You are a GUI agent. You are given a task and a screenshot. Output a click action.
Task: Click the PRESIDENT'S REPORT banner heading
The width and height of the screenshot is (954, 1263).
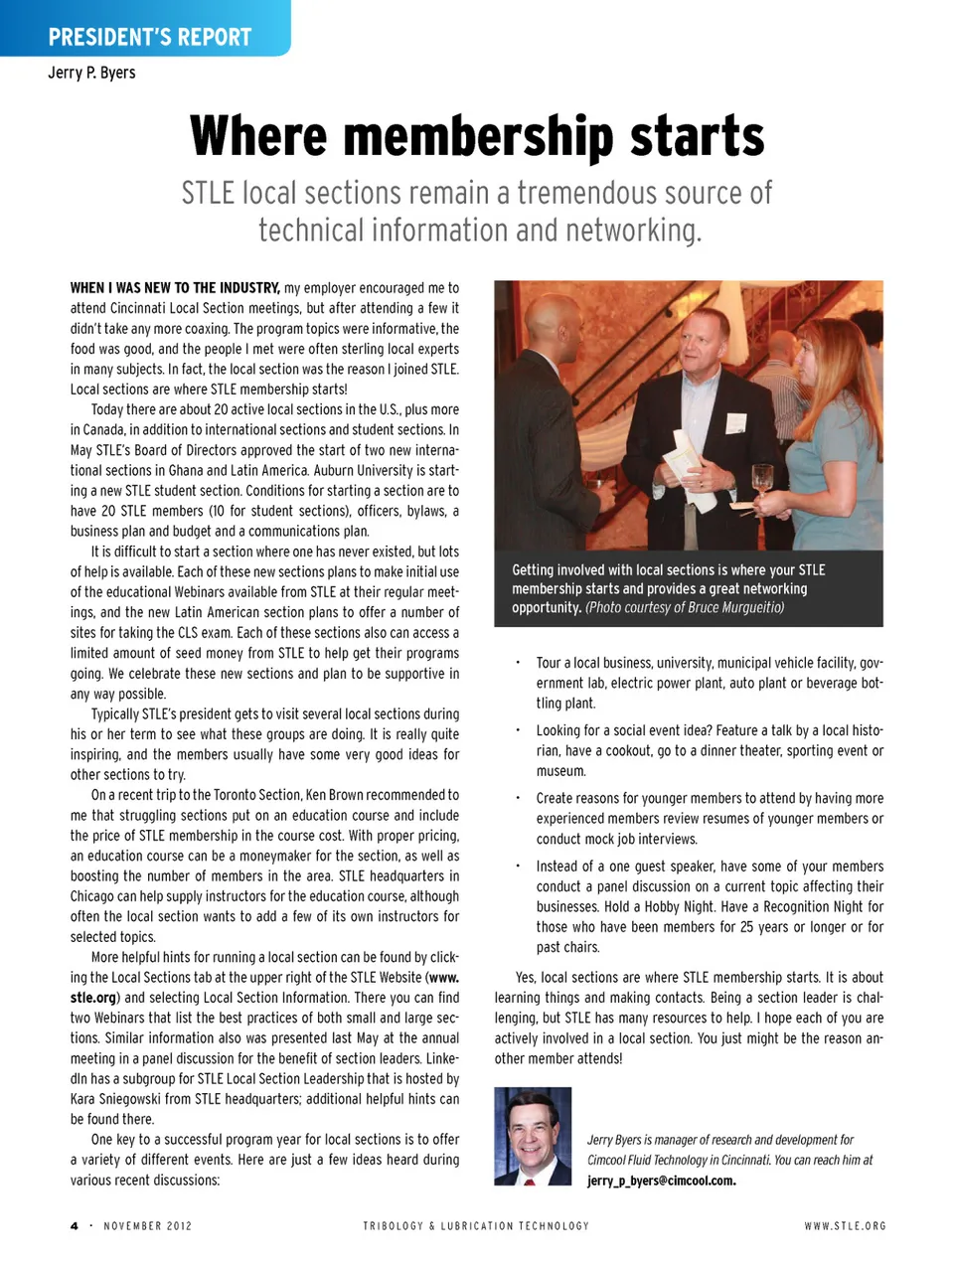(x=150, y=38)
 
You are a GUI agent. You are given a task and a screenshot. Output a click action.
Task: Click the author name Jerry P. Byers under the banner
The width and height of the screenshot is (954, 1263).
(x=91, y=73)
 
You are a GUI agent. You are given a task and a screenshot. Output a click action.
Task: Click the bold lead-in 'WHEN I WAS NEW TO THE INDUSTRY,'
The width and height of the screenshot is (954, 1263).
(x=175, y=288)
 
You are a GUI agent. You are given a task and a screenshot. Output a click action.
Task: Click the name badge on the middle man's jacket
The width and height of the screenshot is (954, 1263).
(x=735, y=423)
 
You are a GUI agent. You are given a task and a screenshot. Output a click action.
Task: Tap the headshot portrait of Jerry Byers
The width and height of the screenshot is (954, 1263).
(x=533, y=1136)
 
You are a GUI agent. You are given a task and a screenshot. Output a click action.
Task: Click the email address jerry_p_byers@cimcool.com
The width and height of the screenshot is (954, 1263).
(x=661, y=1181)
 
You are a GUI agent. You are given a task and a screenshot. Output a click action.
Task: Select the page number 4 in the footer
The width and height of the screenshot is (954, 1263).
(x=74, y=1225)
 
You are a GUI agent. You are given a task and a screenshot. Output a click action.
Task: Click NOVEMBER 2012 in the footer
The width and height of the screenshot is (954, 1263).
(x=148, y=1225)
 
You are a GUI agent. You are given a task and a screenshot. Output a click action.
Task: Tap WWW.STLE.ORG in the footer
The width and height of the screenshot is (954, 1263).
(x=845, y=1225)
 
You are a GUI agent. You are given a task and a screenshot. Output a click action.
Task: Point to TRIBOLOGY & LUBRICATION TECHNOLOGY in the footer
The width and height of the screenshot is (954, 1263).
(x=476, y=1225)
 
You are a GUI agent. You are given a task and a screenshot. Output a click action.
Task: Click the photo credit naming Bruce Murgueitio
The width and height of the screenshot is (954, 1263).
(x=685, y=607)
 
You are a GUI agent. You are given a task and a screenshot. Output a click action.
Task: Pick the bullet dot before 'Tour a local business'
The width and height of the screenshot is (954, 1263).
(x=517, y=662)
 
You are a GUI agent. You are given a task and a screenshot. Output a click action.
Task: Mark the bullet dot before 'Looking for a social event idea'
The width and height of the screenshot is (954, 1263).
(x=517, y=729)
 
